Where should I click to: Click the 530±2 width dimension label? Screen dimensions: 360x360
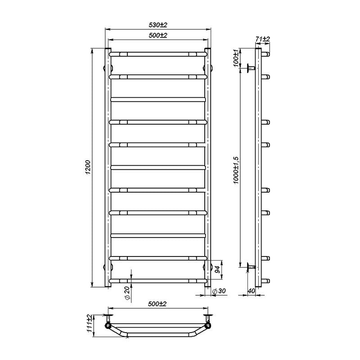[x=157, y=25]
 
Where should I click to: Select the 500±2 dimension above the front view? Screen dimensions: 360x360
[x=157, y=35]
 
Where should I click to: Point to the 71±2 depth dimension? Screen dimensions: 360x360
[x=262, y=40]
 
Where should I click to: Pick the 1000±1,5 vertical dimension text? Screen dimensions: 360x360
[x=236, y=167]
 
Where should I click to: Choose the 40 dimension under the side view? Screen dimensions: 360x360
[x=252, y=292]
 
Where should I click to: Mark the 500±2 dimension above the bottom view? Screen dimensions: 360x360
[x=157, y=304]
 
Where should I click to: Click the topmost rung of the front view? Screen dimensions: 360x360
[x=158, y=54]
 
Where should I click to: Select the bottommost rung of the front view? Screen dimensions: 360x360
[x=158, y=281]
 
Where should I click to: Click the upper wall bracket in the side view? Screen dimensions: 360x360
[x=250, y=68]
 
